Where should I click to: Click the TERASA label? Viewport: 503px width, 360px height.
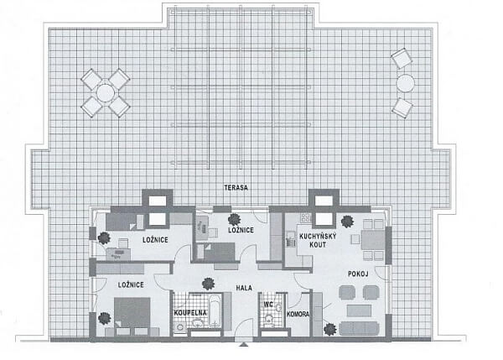point(236,187)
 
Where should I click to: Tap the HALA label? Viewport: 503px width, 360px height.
point(244,288)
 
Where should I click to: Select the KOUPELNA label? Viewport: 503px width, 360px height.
point(190,313)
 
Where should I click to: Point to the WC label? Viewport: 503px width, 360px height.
point(268,304)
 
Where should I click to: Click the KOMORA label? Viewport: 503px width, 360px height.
point(298,314)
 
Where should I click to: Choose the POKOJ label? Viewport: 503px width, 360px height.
point(358,274)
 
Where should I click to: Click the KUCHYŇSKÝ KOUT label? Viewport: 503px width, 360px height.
point(318,241)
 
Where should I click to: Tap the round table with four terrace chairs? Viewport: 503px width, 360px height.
point(106,93)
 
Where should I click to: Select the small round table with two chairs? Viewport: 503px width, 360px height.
point(406,83)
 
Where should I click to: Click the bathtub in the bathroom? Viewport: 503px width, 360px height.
point(215,310)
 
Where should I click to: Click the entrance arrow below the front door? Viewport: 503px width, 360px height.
point(244,345)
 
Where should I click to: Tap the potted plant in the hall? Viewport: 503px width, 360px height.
point(208,284)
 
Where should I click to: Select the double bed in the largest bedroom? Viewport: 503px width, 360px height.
point(132,312)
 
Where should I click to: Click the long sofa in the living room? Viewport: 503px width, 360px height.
point(360,328)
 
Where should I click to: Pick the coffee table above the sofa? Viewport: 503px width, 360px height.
point(360,310)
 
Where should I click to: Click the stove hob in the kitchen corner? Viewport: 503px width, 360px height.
point(306,218)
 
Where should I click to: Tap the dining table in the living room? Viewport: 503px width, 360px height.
point(373,240)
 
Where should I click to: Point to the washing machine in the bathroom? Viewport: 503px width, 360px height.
point(179,327)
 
